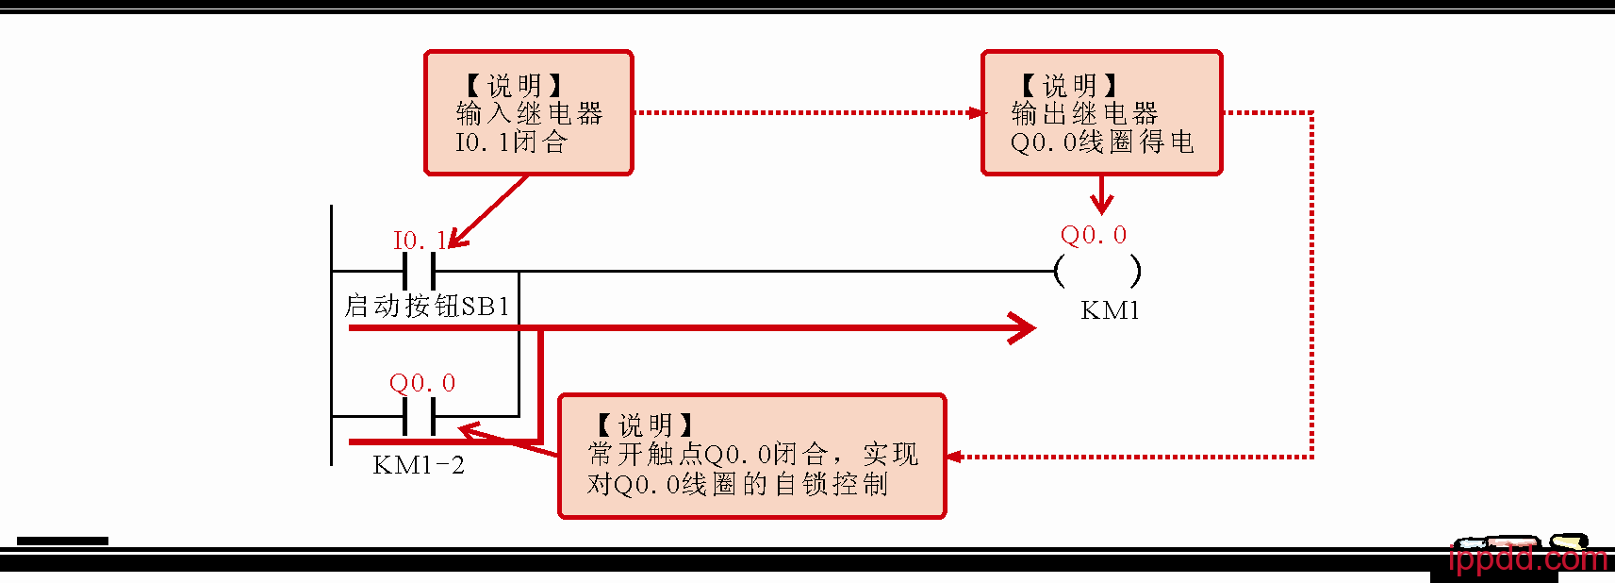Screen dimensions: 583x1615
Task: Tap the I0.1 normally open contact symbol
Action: [x=419, y=271]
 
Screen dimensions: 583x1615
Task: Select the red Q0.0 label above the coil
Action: [x=1094, y=235]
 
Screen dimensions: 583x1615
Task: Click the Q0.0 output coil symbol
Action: [x=1097, y=272]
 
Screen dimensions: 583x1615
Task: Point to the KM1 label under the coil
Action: [x=1110, y=310]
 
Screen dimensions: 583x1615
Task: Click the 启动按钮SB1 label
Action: [x=427, y=306]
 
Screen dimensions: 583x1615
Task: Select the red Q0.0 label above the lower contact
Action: [x=422, y=383]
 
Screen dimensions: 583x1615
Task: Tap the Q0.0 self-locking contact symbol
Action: [x=419, y=416]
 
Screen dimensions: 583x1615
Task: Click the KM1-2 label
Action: [x=419, y=465]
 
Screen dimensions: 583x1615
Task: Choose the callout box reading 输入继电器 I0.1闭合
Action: [x=528, y=113]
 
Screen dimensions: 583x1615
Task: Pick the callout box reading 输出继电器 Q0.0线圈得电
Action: [x=1101, y=113]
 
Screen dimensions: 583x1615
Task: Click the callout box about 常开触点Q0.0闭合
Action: [x=751, y=456]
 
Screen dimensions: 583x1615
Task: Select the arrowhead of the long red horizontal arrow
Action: [x=1024, y=328]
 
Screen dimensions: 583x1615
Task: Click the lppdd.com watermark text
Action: [x=1527, y=558]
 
